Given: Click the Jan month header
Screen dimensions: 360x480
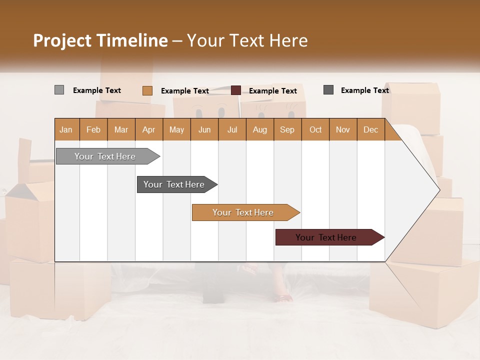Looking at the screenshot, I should point(66,129).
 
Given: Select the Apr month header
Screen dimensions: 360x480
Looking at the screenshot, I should point(149,129).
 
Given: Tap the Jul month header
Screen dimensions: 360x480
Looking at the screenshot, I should point(232,129).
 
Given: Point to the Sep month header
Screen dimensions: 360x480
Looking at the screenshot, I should point(287,129).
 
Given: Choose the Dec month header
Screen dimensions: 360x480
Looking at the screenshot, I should point(370,129).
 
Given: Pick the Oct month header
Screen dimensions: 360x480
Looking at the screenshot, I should point(315,129).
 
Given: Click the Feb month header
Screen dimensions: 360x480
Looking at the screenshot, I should point(93,129).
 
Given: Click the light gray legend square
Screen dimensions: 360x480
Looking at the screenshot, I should point(59,90).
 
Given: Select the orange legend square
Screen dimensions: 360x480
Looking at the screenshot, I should point(147,90).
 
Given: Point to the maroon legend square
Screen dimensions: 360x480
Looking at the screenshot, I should point(235,90).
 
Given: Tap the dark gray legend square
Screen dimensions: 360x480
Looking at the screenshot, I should point(328,90).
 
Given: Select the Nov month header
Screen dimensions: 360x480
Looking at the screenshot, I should point(343,129).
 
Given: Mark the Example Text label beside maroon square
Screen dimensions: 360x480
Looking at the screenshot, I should point(272,91).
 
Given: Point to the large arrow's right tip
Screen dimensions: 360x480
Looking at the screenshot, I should point(439,189).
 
